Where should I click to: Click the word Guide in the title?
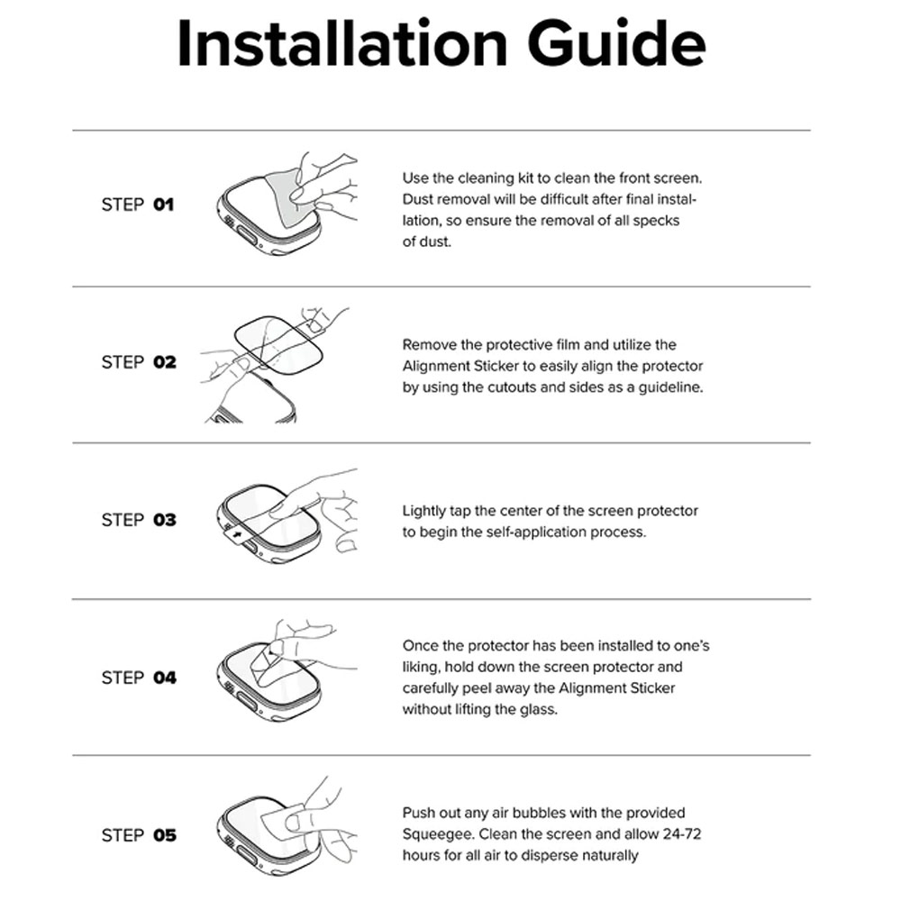[x=616, y=43]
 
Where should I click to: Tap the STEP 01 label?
[x=138, y=205]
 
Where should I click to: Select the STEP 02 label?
[x=139, y=362]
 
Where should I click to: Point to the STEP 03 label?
[x=139, y=520]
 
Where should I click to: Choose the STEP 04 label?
[x=139, y=678]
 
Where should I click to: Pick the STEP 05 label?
[x=139, y=835]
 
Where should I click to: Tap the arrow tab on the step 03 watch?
[x=235, y=535]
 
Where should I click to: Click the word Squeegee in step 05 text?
[x=438, y=834]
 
